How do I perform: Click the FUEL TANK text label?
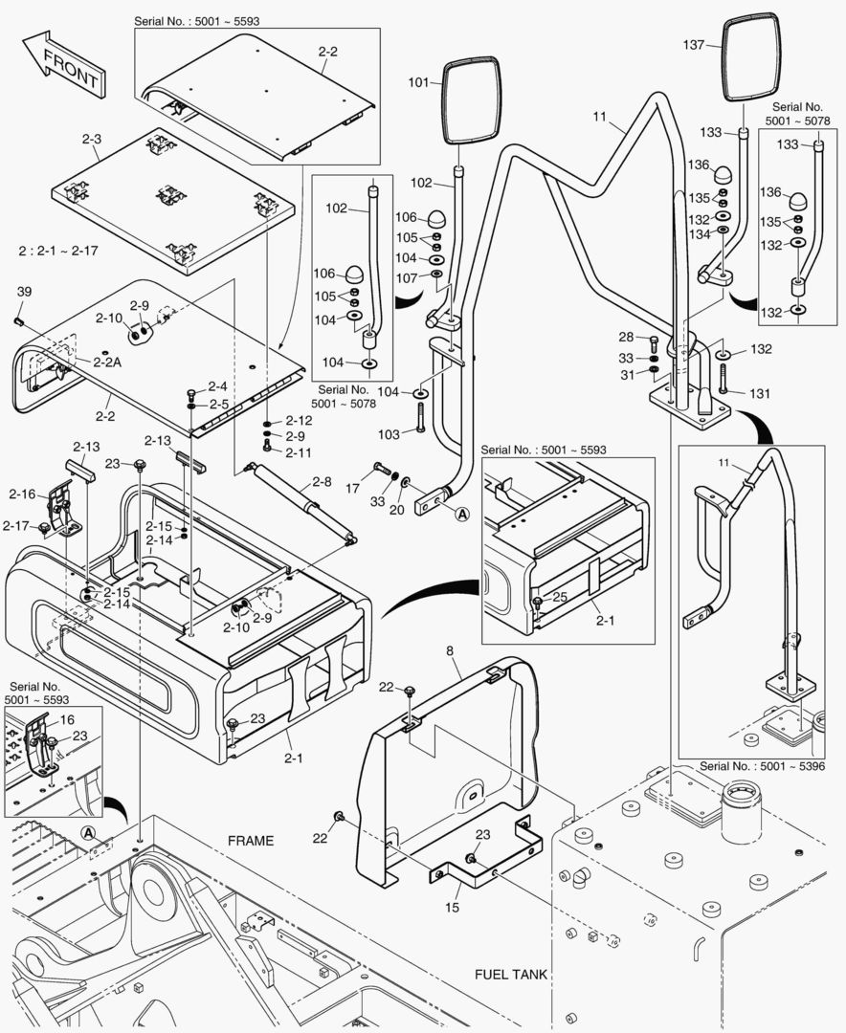(511, 975)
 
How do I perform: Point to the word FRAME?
(250, 841)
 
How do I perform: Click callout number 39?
(24, 291)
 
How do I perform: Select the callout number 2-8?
(322, 483)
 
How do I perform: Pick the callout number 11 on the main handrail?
(600, 118)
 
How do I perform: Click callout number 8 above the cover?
(449, 652)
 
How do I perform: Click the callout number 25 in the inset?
(560, 597)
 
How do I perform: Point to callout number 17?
(352, 488)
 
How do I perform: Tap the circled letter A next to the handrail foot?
(462, 514)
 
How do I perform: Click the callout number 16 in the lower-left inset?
(67, 718)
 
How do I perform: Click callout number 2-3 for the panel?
(91, 140)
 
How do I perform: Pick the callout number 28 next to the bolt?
(625, 337)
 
